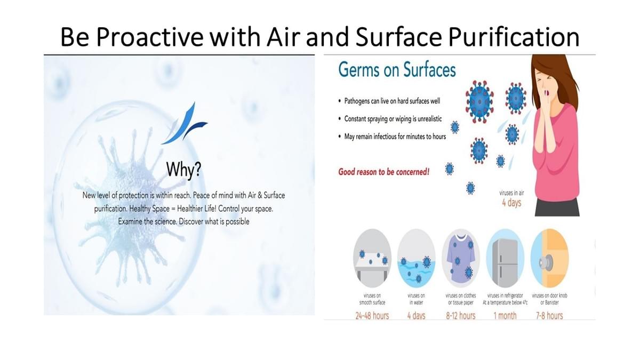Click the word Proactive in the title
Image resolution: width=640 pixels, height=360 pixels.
(150, 37)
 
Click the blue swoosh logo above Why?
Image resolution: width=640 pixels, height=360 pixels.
(185, 123)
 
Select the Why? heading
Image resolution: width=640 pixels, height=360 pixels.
(183, 170)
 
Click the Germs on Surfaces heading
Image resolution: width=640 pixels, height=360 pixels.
(397, 70)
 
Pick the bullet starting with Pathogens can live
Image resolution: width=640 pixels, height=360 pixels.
(389, 101)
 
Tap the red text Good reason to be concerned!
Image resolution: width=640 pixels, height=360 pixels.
(383, 172)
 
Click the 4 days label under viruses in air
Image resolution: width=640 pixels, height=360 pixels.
(511, 203)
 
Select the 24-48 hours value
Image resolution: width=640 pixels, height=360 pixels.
(372, 316)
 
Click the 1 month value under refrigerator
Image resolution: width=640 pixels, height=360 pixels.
(505, 316)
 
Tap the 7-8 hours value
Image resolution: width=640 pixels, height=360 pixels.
(549, 316)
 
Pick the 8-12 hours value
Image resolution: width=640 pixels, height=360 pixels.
(461, 316)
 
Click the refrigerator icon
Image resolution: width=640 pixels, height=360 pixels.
(505, 258)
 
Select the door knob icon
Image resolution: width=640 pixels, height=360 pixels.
(549, 258)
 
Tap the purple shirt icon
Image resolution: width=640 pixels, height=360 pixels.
(461, 258)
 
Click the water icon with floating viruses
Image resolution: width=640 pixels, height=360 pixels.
(417, 258)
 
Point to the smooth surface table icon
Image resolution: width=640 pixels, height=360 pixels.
(372, 258)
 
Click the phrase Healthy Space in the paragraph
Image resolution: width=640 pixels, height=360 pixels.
(149, 209)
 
